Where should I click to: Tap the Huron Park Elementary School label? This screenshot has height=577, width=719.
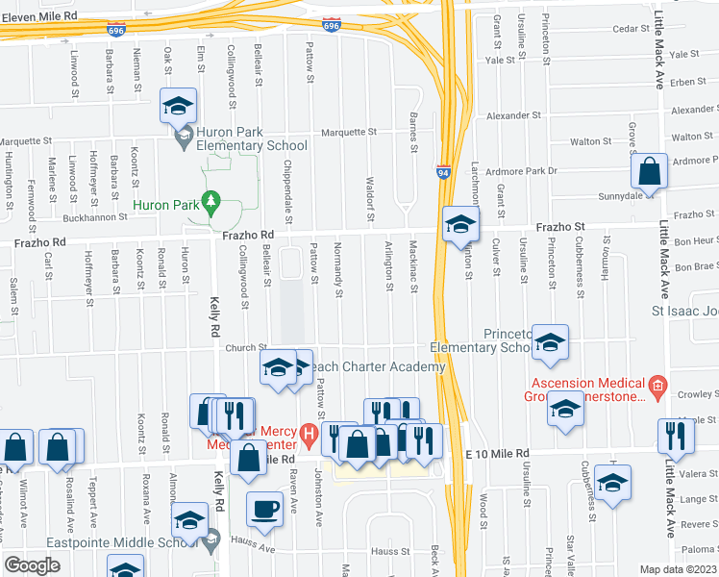tap(252, 139)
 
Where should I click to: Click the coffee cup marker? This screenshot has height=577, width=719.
tap(264, 508)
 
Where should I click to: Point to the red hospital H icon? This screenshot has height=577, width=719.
tap(309, 435)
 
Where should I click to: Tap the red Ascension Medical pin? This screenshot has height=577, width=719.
tap(657, 389)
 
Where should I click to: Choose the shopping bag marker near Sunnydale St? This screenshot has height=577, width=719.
tap(650, 172)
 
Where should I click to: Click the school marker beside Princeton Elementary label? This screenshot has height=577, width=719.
tap(550, 342)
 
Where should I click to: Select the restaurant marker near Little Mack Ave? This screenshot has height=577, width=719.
tap(677, 436)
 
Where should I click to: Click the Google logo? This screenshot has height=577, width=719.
tap(32, 565)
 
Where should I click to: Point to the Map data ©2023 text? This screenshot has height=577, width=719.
tap(679, 569)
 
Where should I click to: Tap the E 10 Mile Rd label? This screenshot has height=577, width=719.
tap(497, 453)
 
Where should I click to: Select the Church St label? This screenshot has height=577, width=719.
tap(247, 348)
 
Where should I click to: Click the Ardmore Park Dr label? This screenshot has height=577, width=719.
tap(522, 171)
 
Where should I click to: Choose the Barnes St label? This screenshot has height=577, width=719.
tap(413, 134)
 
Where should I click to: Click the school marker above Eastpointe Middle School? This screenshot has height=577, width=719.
tap(190, 520)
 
